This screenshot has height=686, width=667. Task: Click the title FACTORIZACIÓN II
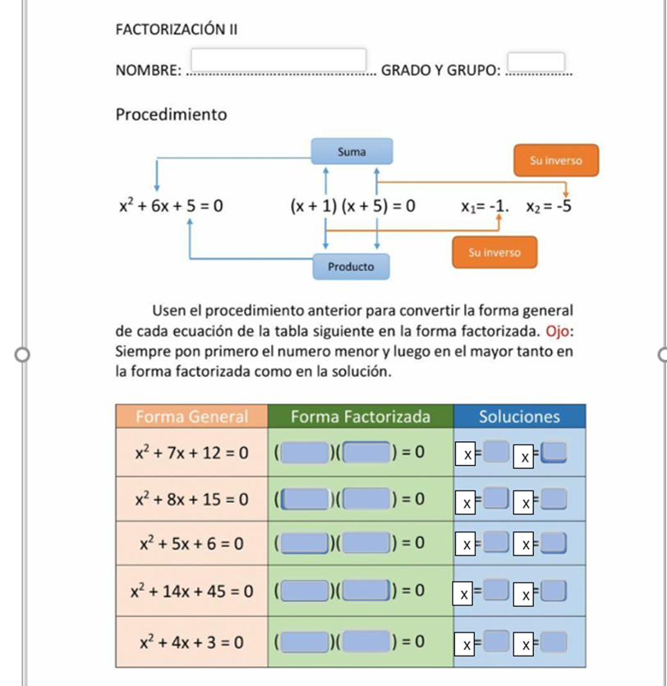tap(177, 30)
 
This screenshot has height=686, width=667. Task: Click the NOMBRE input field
tap(279, 61)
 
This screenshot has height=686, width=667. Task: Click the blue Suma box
tap(352, 152)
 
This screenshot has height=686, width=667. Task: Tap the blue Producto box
tap(351, 267)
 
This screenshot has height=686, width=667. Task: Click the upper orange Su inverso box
tap(555, 160)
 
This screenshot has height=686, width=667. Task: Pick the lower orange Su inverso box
tap(494, 252)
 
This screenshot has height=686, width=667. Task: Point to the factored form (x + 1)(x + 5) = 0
tap(352, 205)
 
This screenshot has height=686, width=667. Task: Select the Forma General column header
tap(191, 417)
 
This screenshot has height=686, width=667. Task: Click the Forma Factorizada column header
tap(361, 417)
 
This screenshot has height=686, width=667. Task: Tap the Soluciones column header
tap(519, 417)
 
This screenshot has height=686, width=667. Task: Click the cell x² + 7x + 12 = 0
tap(191, 452)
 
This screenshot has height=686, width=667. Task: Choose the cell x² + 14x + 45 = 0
tap(191, 590)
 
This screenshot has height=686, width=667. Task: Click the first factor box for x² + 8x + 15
tap(306, 499)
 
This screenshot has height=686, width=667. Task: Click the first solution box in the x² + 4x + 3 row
tap(495, 641)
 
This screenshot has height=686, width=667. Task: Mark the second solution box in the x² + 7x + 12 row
tap(555, 453)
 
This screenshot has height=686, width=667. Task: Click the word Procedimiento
tap(171, 114)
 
